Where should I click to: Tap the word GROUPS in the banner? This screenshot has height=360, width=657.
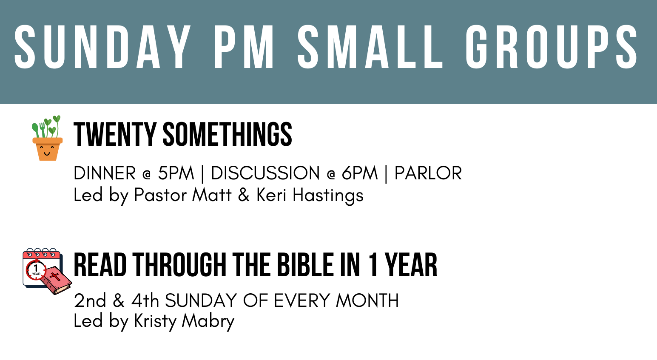(552, 47)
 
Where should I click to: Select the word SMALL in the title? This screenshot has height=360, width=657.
(370, 47)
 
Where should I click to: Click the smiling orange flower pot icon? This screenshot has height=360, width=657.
(47, 138)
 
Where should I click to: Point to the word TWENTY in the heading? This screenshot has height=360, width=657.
(115, 134)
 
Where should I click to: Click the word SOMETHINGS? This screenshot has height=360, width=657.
(228, 134)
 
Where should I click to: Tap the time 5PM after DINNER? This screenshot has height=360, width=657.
(176, 173)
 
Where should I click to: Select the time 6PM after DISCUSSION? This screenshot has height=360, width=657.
(360, 173)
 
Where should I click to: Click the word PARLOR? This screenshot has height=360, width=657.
(428, 173)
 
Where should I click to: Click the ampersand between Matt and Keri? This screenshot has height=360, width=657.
(244, 195)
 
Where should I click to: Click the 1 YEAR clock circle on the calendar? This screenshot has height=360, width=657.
(36, 270)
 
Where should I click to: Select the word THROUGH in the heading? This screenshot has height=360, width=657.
(179, 265)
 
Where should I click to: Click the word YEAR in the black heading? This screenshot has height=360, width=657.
(411, 265)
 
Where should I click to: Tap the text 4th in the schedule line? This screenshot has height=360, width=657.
(145, 300)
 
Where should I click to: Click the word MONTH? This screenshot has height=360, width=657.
(367, 300)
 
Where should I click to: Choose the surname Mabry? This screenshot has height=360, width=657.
(208, 322)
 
